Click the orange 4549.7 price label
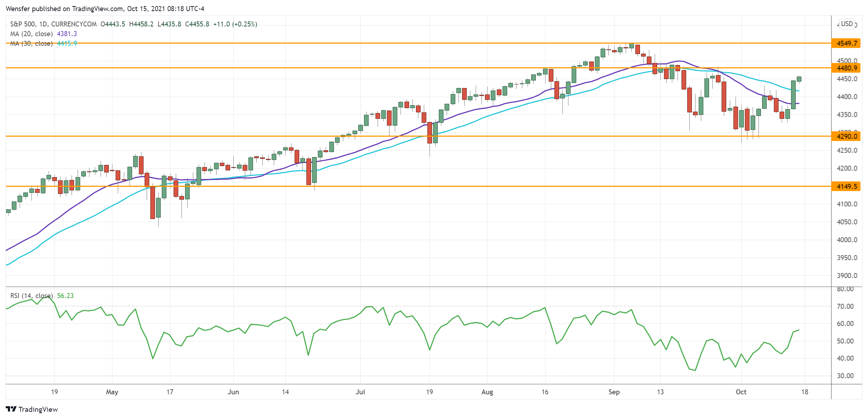coord(847,43)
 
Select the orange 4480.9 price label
coord(847,68)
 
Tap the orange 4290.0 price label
coord(847,136)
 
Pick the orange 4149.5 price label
coord(847,186)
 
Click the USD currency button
coord(847,24)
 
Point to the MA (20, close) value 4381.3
coord(67,34)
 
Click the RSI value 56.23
coord(66,296)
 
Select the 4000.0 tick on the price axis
coord(847,240)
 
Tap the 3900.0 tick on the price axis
coord(847,276)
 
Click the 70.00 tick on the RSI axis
coord(845,306)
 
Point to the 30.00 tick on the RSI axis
coord(845,376)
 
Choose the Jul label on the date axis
coord(360,392)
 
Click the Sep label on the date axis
coord(614,392)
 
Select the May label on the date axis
coord(112,392)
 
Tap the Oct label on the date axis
coord(741,392)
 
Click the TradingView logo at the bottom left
coord(32,409)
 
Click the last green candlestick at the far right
coord(799,79)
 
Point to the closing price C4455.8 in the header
coord(197,24)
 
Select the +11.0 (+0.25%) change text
coord(235,24)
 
